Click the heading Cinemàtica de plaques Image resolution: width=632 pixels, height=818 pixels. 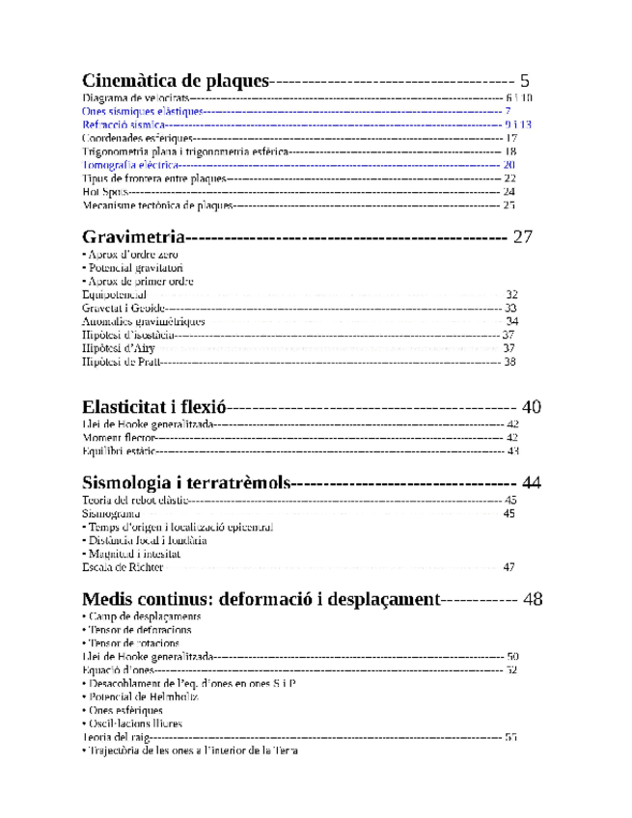175,80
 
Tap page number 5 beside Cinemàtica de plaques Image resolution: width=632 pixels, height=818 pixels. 525,80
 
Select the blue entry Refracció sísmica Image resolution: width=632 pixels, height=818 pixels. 124,125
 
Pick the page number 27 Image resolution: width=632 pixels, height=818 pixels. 523,236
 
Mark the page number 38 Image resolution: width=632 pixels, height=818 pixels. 509,362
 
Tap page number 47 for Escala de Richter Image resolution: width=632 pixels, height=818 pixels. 509,567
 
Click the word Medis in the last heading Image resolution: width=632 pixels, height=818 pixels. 107,598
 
